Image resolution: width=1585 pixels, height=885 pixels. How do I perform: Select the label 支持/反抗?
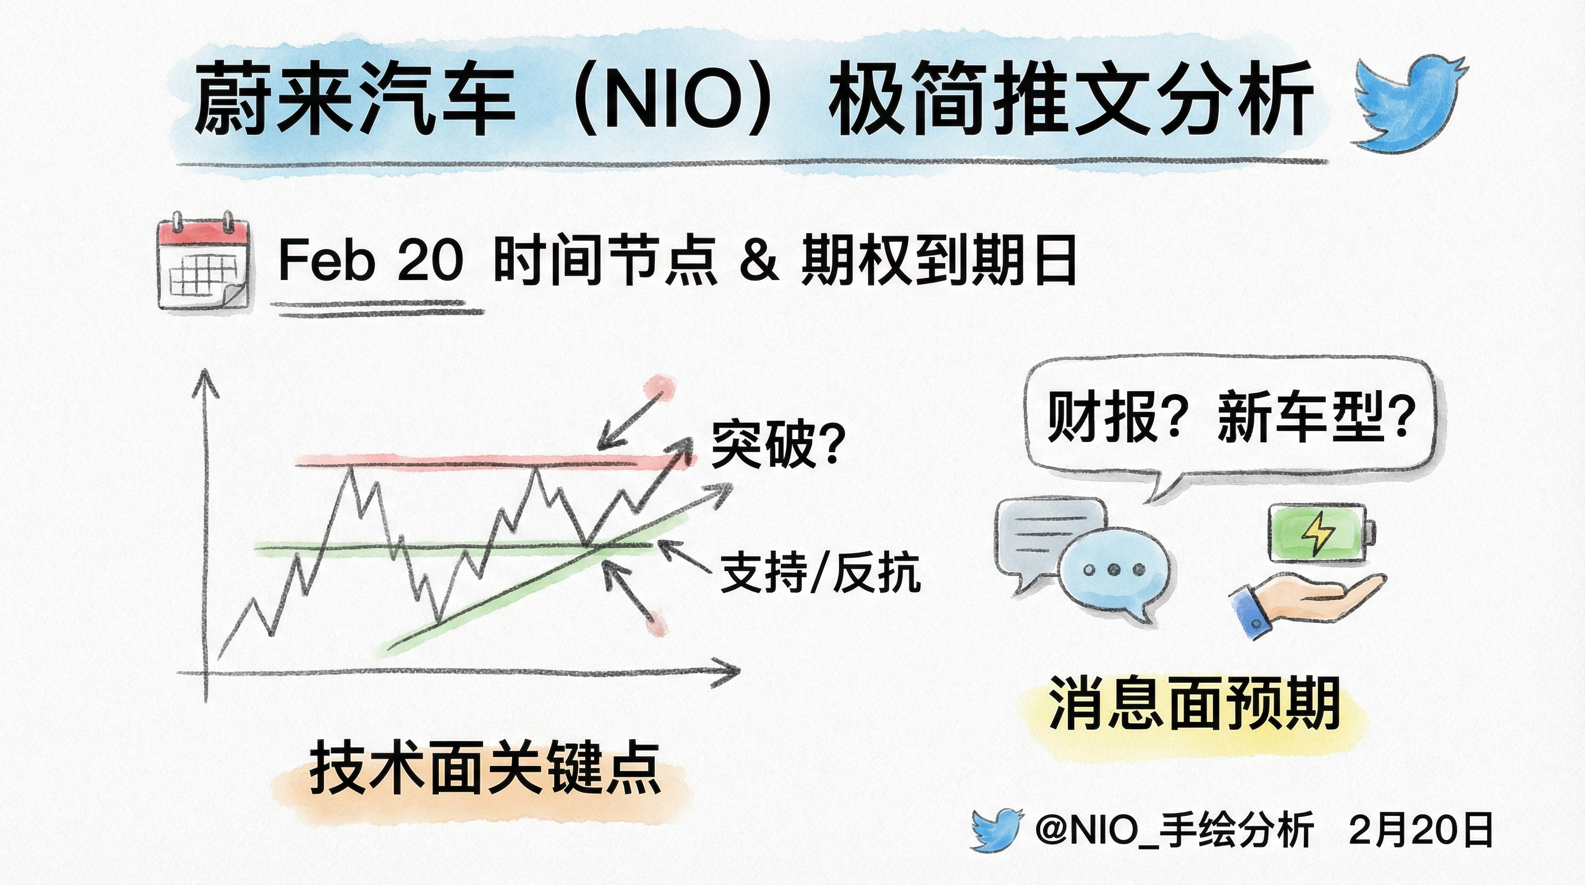pyautogui.click(x=820, y=572)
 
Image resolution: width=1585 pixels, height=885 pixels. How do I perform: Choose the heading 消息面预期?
pyautogui.click(x=1195, y=704)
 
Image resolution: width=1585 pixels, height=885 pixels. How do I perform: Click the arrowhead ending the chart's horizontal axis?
pyautogui.click(x=729, y=672)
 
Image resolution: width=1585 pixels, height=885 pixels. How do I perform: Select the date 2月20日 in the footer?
pyautogui.click(x=1421, y=830)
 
